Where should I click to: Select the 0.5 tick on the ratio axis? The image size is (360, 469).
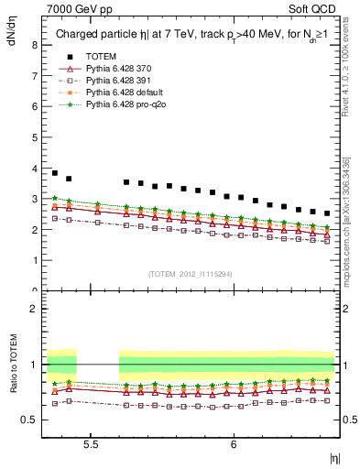coord(30,420)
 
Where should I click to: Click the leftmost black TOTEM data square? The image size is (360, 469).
coord(55,172)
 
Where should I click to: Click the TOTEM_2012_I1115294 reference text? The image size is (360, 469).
coord(191,274)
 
